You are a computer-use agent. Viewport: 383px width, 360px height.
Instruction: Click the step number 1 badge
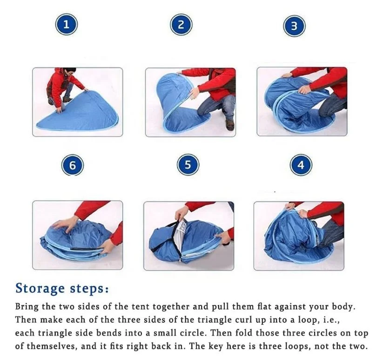pos(67,24)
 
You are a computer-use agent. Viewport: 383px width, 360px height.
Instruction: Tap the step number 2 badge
pos(181,25)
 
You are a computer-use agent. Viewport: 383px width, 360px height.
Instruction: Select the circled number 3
pos(294,26)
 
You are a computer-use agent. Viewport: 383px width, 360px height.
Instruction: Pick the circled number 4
pos(301,165)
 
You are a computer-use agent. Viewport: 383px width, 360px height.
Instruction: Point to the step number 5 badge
pos(188,164)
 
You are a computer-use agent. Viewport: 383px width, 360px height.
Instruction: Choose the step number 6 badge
pos(73,165)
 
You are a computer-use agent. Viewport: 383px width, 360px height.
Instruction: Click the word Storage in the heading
pos(40,289)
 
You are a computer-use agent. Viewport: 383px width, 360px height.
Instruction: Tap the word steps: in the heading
pos(89,289)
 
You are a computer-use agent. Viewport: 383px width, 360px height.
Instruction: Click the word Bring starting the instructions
pos(27,307)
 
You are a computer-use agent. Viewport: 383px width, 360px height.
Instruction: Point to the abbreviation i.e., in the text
pos(331,320)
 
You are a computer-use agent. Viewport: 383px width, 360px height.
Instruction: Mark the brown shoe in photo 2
pos(230,125)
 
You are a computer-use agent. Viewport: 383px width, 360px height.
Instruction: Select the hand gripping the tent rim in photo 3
pos(304,89)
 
